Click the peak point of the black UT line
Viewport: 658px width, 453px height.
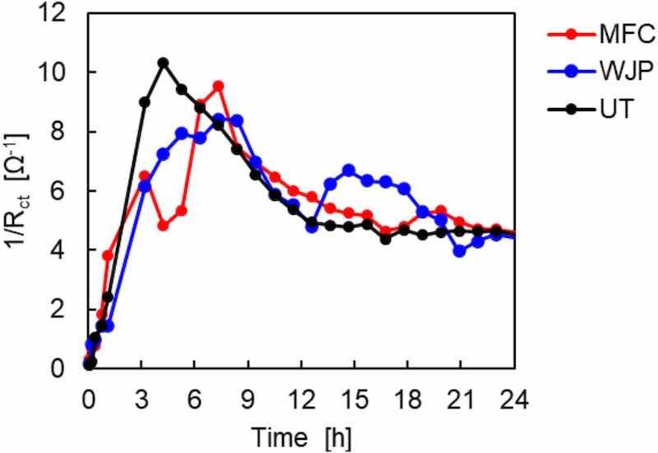[163, 63]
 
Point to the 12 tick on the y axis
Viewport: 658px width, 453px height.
[67, 13]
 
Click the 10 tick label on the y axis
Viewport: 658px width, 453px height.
[67, 72]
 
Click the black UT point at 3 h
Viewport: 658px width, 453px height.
[145, 102]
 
